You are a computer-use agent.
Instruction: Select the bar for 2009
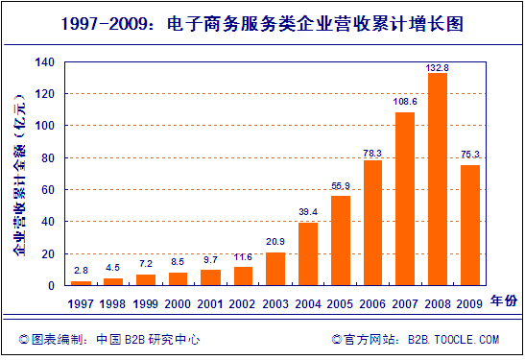tap(470, 226)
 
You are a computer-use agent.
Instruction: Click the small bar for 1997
tap(82, 283)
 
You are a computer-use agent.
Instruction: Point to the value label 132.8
tap(438, 67)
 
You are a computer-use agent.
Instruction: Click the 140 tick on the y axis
tap(44, 62)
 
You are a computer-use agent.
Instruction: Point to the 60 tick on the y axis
tap(47, 190)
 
